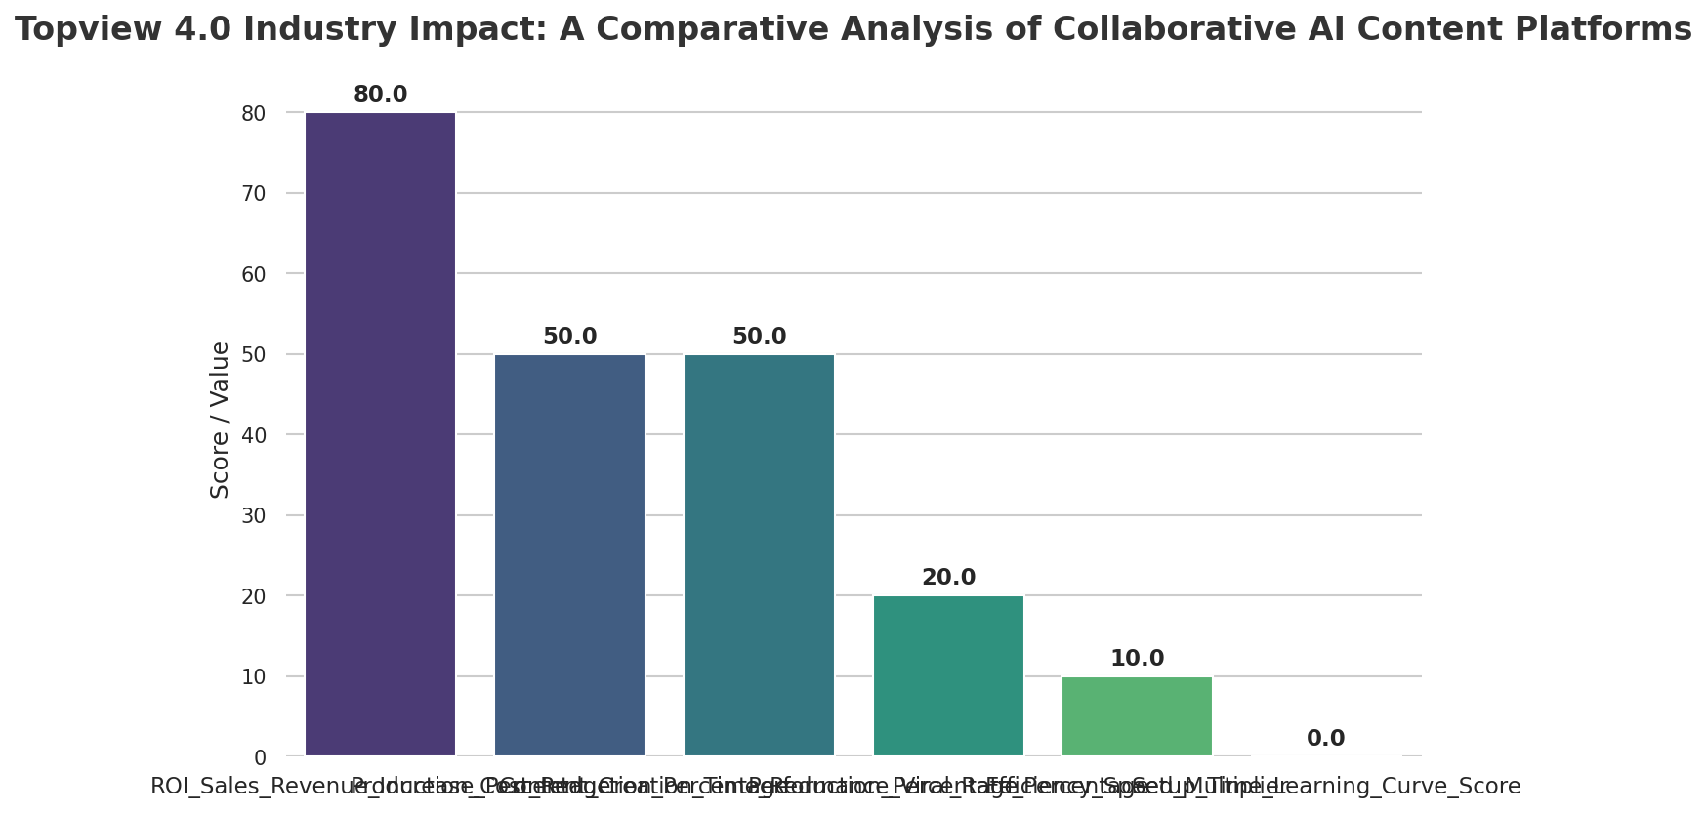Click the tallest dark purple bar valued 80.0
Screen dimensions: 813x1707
tap(380, 434)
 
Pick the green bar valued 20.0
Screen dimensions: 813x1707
tap(948, 675)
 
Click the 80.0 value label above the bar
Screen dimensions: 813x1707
tap(380, 95)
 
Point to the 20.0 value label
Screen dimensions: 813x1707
tap(948, 578)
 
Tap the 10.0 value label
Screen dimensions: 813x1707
tap(1137, 659)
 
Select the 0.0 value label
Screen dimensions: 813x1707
tap(1325, 739)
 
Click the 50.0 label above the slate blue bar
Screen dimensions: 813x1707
tap(569, 337)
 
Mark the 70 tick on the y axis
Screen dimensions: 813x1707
tap(253, 194)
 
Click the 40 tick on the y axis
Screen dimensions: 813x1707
tap(253, 435)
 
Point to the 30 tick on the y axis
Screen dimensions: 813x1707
tap(253, 516)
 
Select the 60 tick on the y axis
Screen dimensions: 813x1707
tap(253, 274)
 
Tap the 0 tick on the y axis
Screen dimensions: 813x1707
tap(259, 757)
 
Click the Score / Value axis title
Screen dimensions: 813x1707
tap(221, 420)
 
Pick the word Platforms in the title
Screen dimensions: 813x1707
tap(1616, 29)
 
